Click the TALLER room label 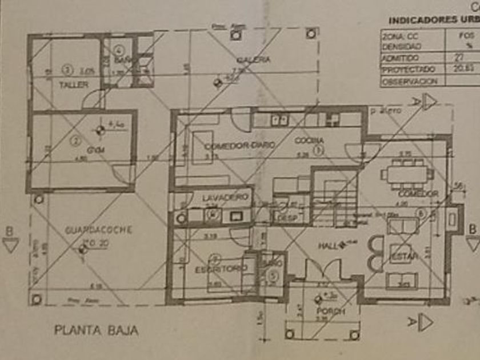[74, 85]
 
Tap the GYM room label [81, 150]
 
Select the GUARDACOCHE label [98, 230]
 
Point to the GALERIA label [254, 59]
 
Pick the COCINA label [309, 141]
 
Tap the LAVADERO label [225, 197]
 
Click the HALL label [328, 246]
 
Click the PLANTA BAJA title [96, 330]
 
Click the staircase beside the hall [334, 197]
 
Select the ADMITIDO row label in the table [400, 58]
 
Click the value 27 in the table [458, 58]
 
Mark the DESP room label [283, 218]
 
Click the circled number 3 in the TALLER [67, 70]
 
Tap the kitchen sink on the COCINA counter [279, 119]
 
